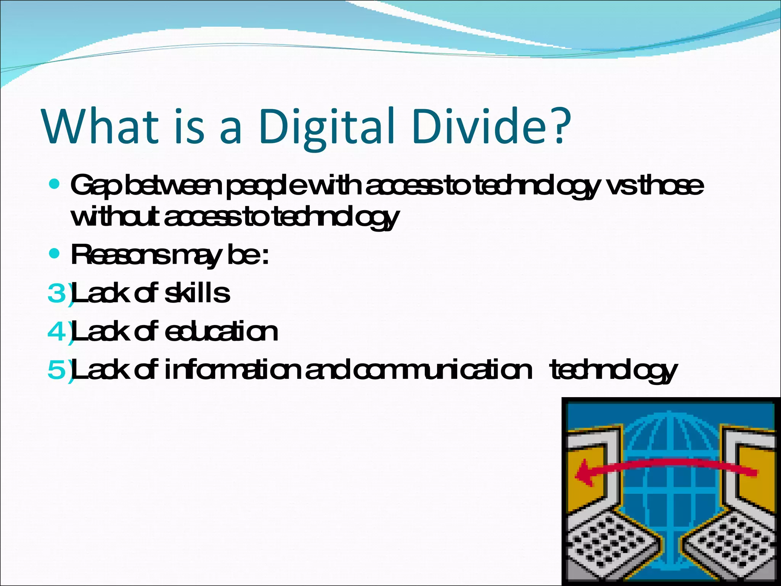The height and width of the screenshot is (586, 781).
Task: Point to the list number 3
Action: (x=57, y=294)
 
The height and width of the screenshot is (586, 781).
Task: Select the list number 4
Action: (x=57, y=332)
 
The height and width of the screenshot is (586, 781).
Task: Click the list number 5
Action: (x=57, y=370)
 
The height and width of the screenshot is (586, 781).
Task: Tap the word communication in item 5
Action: (x=442, y=370)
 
